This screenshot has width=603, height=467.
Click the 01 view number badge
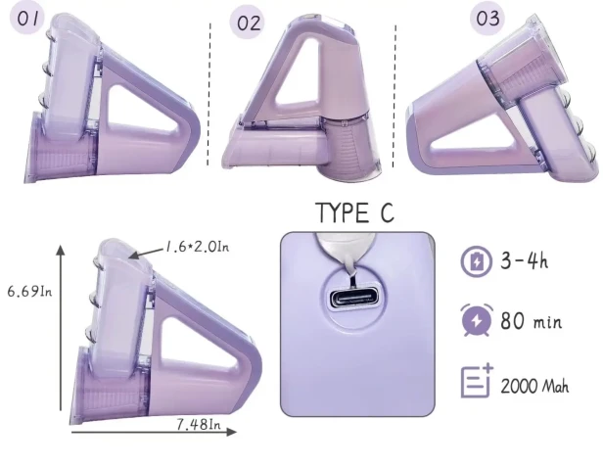pos(27,19)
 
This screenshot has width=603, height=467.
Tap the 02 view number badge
pos(248,23)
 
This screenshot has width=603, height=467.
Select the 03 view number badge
pos(487,18)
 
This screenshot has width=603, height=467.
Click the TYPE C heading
pos(354,212)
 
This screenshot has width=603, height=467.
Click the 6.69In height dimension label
pos(29,291)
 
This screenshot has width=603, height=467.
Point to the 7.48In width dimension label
pos(199,424)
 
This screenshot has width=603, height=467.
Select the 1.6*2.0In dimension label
pos(197,246)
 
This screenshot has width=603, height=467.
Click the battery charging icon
pos(476,261)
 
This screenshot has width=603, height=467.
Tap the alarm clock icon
pos(477,320)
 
